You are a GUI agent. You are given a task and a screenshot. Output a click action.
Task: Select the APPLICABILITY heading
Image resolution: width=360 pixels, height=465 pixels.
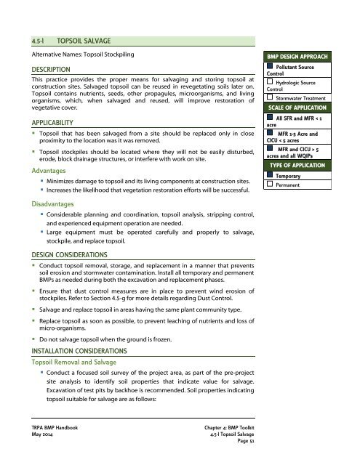pyautogui.click(x=50, y=123)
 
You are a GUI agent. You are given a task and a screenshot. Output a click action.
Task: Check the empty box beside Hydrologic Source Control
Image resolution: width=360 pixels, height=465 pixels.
pyautogui.click(x=271, y=84)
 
